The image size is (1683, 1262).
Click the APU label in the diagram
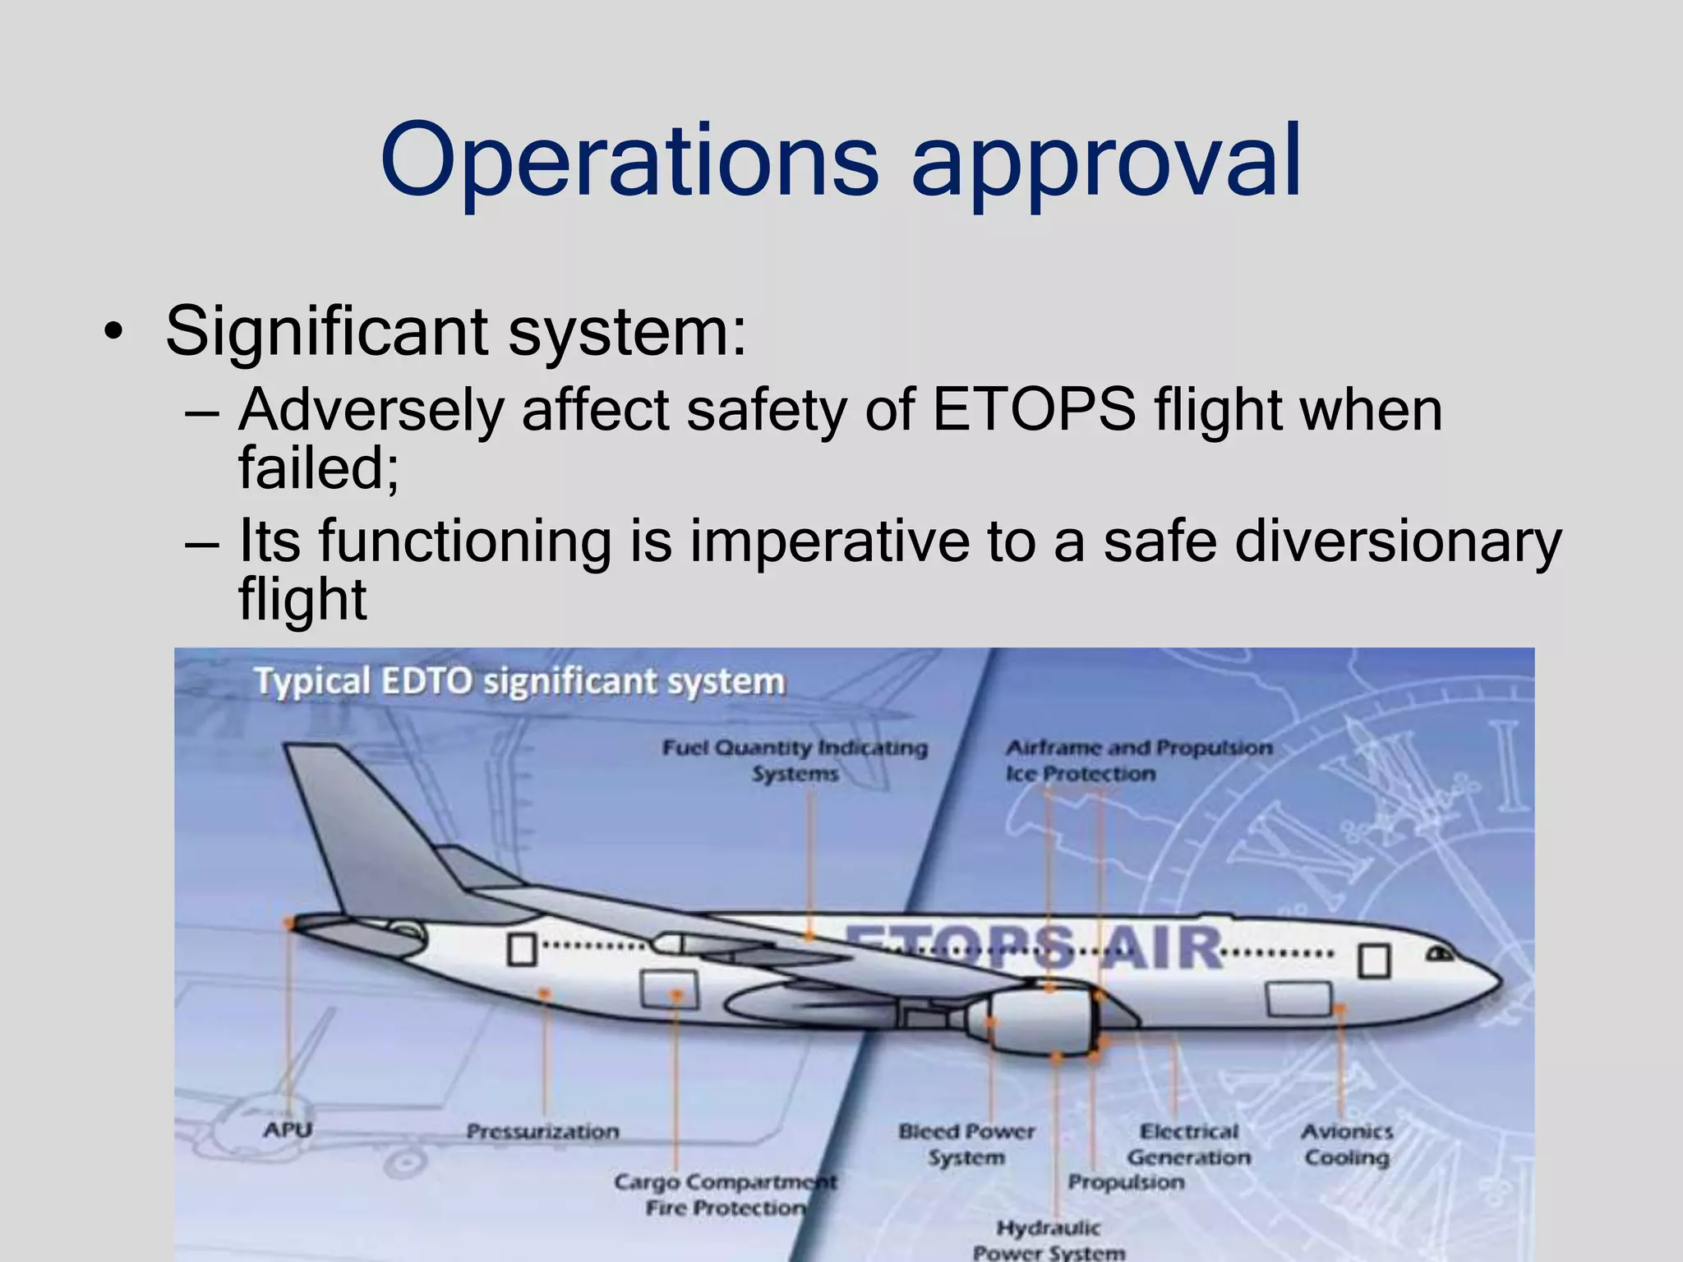288,1130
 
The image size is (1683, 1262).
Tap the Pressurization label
542,1132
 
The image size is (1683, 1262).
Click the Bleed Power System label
966,1145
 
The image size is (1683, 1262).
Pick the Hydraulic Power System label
1049,1240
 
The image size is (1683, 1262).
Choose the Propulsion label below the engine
1126,1182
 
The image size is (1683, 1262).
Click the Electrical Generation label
1188,1145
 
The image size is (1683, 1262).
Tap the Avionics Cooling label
1347,1145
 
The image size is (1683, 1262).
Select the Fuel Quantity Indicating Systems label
795,760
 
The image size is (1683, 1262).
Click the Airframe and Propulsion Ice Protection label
1138,760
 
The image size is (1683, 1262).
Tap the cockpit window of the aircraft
1439,954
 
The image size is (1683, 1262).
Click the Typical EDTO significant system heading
519,682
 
